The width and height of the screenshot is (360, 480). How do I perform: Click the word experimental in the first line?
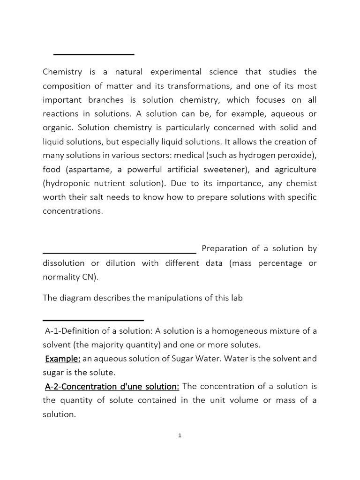point(176,72)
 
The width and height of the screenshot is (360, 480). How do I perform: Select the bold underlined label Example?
point(63,359)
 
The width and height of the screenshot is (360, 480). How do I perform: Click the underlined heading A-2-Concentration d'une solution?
point(112,386)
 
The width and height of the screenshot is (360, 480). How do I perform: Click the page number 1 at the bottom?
point(180,435)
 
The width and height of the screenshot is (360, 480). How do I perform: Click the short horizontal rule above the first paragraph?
point(94,55)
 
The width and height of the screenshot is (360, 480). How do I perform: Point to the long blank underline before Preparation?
point(120,252)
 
